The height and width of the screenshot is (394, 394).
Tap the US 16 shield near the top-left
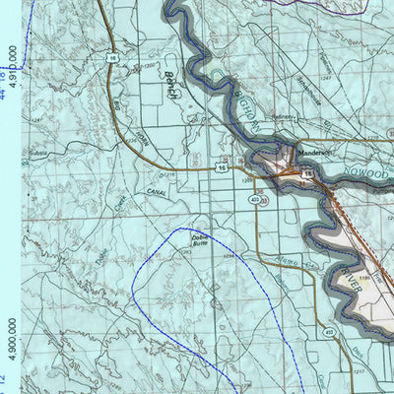(113, 59)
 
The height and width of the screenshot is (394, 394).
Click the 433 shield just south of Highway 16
(254, 199)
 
